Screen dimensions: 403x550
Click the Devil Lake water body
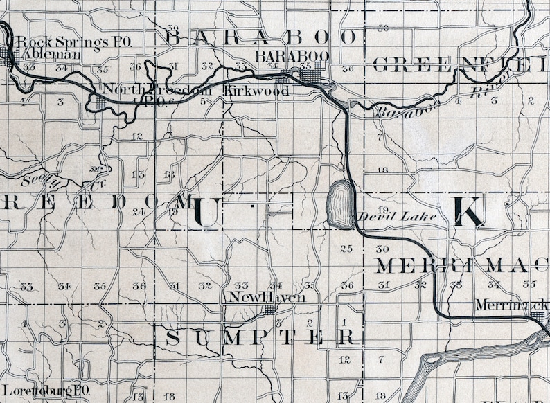pos(339,204)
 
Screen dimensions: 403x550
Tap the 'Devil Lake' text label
pos(398,217)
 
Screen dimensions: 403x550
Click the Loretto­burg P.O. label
pos(46,391)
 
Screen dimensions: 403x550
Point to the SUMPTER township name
pos(263,337)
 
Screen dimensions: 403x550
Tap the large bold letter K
pos(469,212)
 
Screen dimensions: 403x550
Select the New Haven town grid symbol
pos(269,310)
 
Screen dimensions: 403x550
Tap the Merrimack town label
pos(512,305)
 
